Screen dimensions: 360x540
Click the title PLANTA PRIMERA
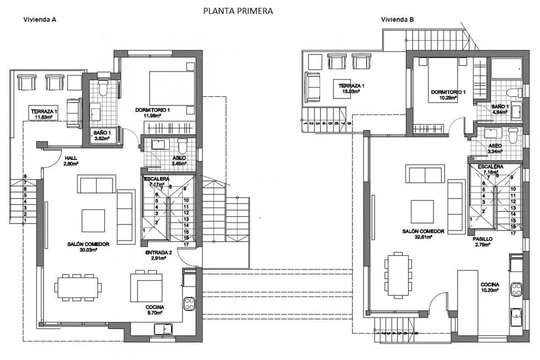(238, 11)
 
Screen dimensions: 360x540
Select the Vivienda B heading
(397, 20)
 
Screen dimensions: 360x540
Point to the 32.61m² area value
(423, 238)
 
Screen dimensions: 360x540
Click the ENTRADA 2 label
(158, 253)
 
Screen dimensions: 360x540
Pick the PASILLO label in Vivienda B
(482, 239)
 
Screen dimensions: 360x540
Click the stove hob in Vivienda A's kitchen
(189, 303)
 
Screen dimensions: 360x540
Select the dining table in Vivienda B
(398, 276)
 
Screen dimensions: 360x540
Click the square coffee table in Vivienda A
(94, 220)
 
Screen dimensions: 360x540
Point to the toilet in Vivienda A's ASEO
(181, 147)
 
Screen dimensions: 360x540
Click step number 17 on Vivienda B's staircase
(513, 233)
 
